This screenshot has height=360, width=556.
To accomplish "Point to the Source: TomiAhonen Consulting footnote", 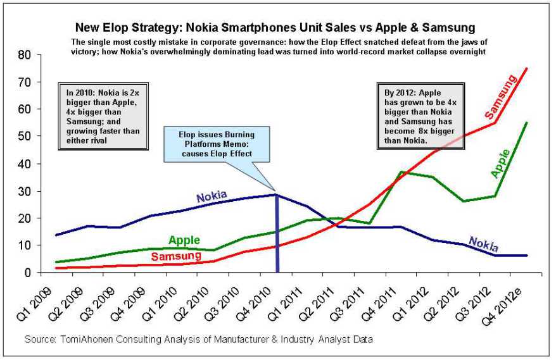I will point(199,340).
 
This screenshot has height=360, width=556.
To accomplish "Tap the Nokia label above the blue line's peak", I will point(212,196).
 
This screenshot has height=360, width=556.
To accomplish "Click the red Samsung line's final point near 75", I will point(527,68).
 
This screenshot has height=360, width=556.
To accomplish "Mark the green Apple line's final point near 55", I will point(527,123).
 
